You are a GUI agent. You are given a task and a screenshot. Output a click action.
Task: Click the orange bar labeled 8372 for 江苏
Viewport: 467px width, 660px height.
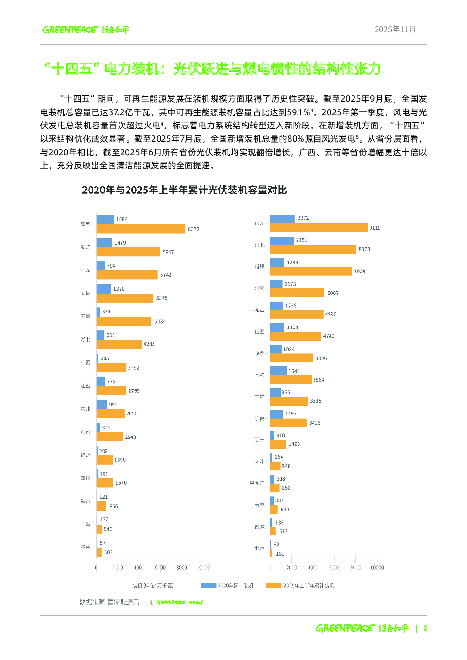tap(141, 229)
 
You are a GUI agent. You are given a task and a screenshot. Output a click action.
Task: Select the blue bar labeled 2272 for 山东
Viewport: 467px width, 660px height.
tap(282, 219)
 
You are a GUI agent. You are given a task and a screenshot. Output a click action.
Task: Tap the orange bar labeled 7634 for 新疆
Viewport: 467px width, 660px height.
tap(311, 271)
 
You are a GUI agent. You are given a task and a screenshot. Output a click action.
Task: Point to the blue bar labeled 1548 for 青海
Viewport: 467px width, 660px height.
tap(278, 371)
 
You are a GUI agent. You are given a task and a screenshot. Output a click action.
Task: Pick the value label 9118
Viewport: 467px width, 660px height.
tap(375, 228)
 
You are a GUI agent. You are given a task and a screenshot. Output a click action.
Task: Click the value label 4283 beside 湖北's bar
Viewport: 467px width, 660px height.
tap(149, 344)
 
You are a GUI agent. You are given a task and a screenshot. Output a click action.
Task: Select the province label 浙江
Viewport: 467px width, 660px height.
tap(85, 247)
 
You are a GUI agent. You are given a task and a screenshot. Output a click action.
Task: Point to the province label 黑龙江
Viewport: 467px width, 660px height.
tap(257, 483)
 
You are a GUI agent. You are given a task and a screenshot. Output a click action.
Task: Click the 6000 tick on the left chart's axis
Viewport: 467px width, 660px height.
tap(160, 568)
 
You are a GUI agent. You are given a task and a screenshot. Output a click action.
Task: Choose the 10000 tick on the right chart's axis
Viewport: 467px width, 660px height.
tap(377, 568)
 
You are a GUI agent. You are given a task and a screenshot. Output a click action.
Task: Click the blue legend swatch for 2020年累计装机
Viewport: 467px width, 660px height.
tap(209, 586)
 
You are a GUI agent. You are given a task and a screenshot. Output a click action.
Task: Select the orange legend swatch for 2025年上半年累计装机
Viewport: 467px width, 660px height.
tap(274, 586)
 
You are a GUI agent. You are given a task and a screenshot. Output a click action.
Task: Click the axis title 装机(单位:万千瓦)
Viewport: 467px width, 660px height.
tap(153, 586)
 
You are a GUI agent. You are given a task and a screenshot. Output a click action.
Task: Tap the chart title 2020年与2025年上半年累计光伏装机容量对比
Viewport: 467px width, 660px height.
tap(184, 190)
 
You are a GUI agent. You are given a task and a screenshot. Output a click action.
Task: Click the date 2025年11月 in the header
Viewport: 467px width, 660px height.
tap(395, 29)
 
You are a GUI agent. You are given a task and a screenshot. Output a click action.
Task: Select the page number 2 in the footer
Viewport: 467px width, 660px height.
tap(425, 628)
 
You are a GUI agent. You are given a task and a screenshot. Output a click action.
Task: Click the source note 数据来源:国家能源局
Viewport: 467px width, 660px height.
tap(109, 602)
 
